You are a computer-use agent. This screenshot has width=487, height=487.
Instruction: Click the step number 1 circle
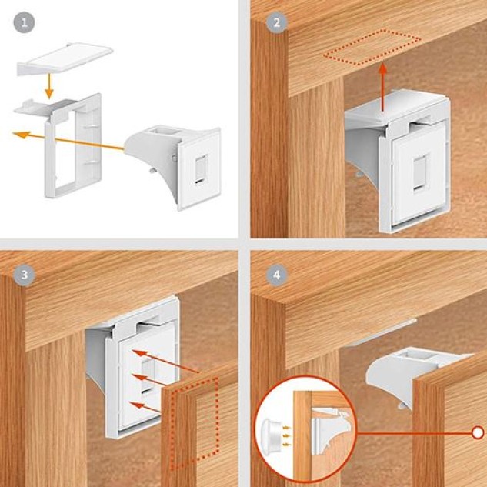tap(24, 22)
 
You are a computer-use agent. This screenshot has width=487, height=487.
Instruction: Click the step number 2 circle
tap(277, 22)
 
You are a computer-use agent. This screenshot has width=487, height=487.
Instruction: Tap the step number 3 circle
tap(24, 275)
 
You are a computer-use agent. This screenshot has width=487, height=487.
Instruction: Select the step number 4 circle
tap(277, 275)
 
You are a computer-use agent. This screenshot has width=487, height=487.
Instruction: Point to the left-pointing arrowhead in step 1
tap(21, 135)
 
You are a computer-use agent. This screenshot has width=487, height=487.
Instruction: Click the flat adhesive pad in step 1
tap(65, 59)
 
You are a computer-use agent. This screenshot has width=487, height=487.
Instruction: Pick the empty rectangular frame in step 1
tap(74, 146)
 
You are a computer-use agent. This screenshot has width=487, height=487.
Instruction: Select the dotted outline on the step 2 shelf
tap(372, 48)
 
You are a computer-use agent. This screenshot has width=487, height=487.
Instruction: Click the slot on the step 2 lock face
tap(420, 173)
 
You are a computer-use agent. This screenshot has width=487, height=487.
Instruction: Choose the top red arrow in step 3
tap(165, 361)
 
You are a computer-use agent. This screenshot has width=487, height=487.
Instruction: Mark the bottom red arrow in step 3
tap(145, 407)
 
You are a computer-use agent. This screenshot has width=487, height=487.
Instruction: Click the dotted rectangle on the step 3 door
tap(195, 423)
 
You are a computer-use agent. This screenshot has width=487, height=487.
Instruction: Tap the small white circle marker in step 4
tap(478, 432)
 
